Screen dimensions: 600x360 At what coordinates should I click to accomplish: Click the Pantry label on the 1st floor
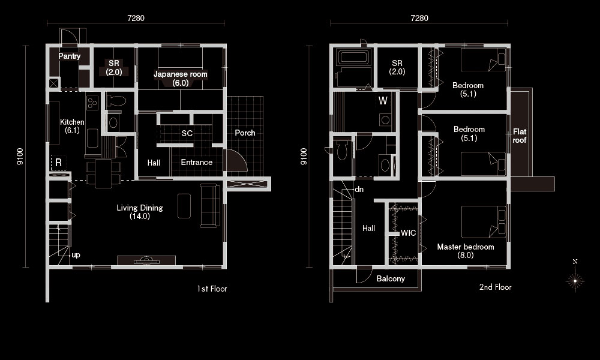(x=69, y=56)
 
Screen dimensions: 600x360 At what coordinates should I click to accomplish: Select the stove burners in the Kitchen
(x=92, y=103)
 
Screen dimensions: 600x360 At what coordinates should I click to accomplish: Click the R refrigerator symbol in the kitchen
(x=59, y=163)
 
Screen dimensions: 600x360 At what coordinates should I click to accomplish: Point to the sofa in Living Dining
(x=211, y=206)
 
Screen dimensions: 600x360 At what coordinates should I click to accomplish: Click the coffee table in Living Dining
(x=184, y=206)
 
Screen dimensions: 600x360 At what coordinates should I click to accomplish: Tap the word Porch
(x=245, y=133)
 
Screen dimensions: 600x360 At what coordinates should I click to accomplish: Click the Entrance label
(x=196, y=162)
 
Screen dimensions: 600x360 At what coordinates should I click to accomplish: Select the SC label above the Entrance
(x=187, y=133)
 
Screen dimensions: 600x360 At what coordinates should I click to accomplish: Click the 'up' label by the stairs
(x=76, y=255)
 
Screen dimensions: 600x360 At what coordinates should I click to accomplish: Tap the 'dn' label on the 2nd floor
(x=359, y=190)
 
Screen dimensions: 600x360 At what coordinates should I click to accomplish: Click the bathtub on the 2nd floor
(x=353, y=58)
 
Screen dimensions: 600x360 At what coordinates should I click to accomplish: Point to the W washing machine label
(x=383, y=101)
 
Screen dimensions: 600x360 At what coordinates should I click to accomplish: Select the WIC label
(x=408, y=233)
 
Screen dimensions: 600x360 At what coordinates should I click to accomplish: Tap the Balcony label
(x=391, y=278)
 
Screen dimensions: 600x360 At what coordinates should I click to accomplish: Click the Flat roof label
(x=519, y=136)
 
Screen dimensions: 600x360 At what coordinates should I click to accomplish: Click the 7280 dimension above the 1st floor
(x=136, y=18)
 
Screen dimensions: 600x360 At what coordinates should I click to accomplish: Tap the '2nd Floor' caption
(x=495, y=287)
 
